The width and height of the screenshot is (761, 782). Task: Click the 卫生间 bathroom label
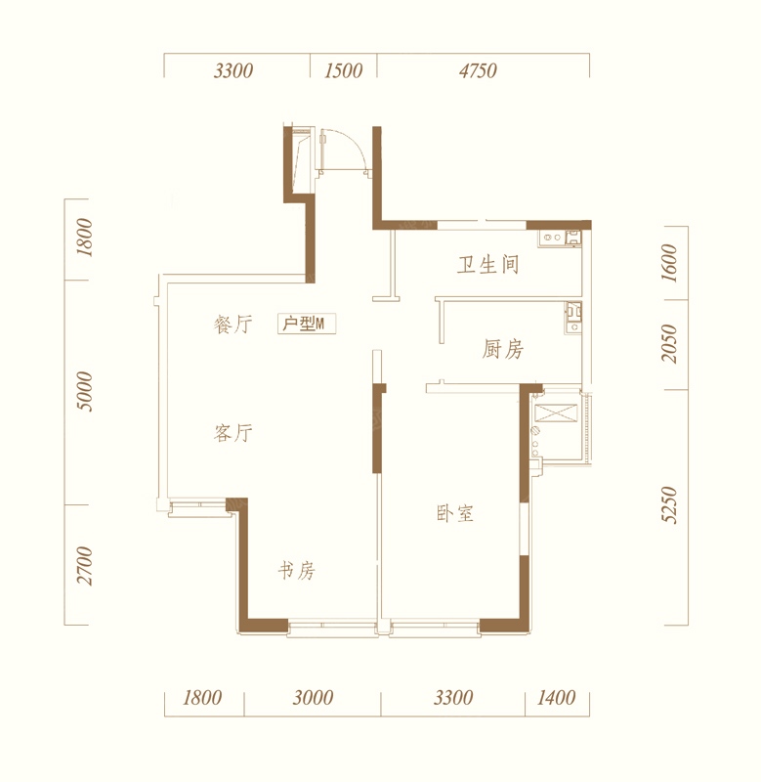[x=487, y=264]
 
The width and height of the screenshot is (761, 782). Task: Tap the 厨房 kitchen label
[x=502, y=349]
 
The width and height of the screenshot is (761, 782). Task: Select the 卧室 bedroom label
[x=454, y=513]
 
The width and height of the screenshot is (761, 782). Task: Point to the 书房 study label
[x=297, y=571]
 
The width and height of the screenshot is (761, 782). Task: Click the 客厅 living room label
[x=233, y=432]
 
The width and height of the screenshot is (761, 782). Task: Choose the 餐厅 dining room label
[x=233, y=325]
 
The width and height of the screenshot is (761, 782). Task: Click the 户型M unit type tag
[x=307, y=324]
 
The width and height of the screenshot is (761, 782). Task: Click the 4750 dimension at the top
[x=478, y=70]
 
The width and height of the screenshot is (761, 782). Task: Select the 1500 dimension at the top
[x=343, y=70]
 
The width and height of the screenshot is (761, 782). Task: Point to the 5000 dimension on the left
[x=85, y=392]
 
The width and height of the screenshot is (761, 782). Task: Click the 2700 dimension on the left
[x=85, y=566]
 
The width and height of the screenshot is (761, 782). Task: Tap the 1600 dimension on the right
[x=669, y=263]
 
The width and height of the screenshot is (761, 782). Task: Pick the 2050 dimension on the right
[x=669, y=344]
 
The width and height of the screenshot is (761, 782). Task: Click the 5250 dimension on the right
[x=669, y=504]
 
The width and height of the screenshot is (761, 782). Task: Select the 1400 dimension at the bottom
[x=556, y=697]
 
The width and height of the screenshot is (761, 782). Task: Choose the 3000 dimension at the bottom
[x=313, y=697]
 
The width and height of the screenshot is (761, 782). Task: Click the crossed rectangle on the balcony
[x=556, y=413]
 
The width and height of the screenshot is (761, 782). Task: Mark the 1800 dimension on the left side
[x=85, y=238]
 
